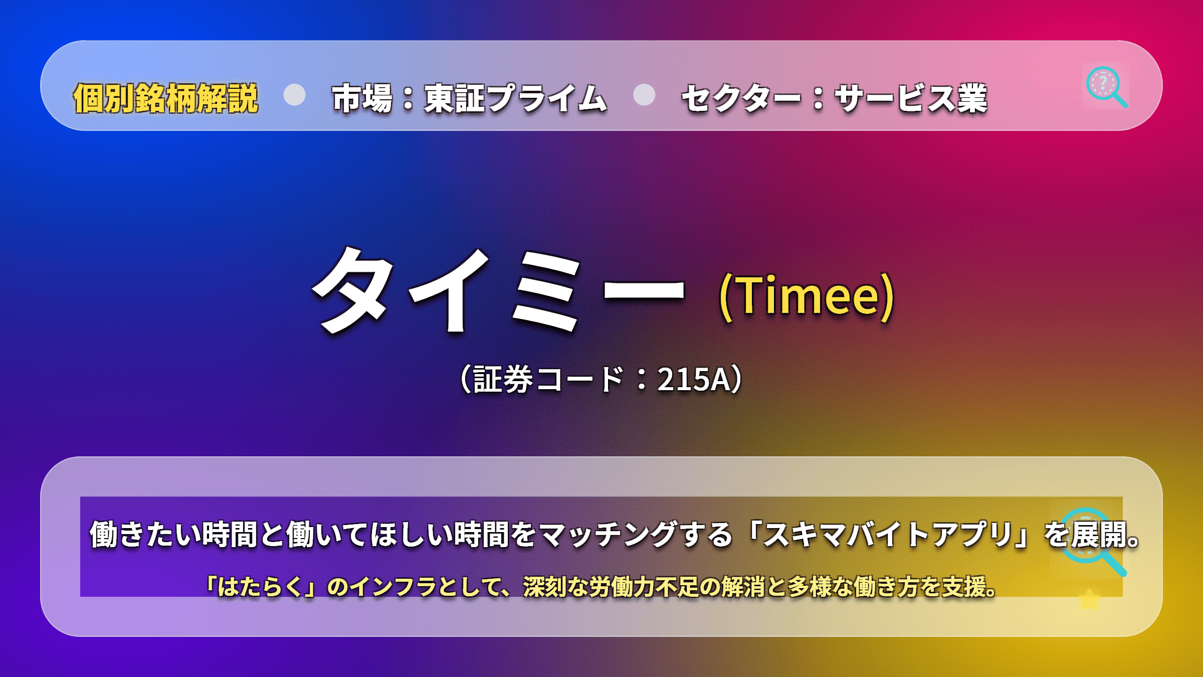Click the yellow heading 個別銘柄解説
(166, 98)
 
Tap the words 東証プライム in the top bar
(516, 98)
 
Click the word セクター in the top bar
(741, 98)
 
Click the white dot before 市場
(294, 94)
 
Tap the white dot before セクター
(644, 94)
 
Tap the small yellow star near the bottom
(1089, 599)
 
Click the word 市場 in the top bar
(362, 98)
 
